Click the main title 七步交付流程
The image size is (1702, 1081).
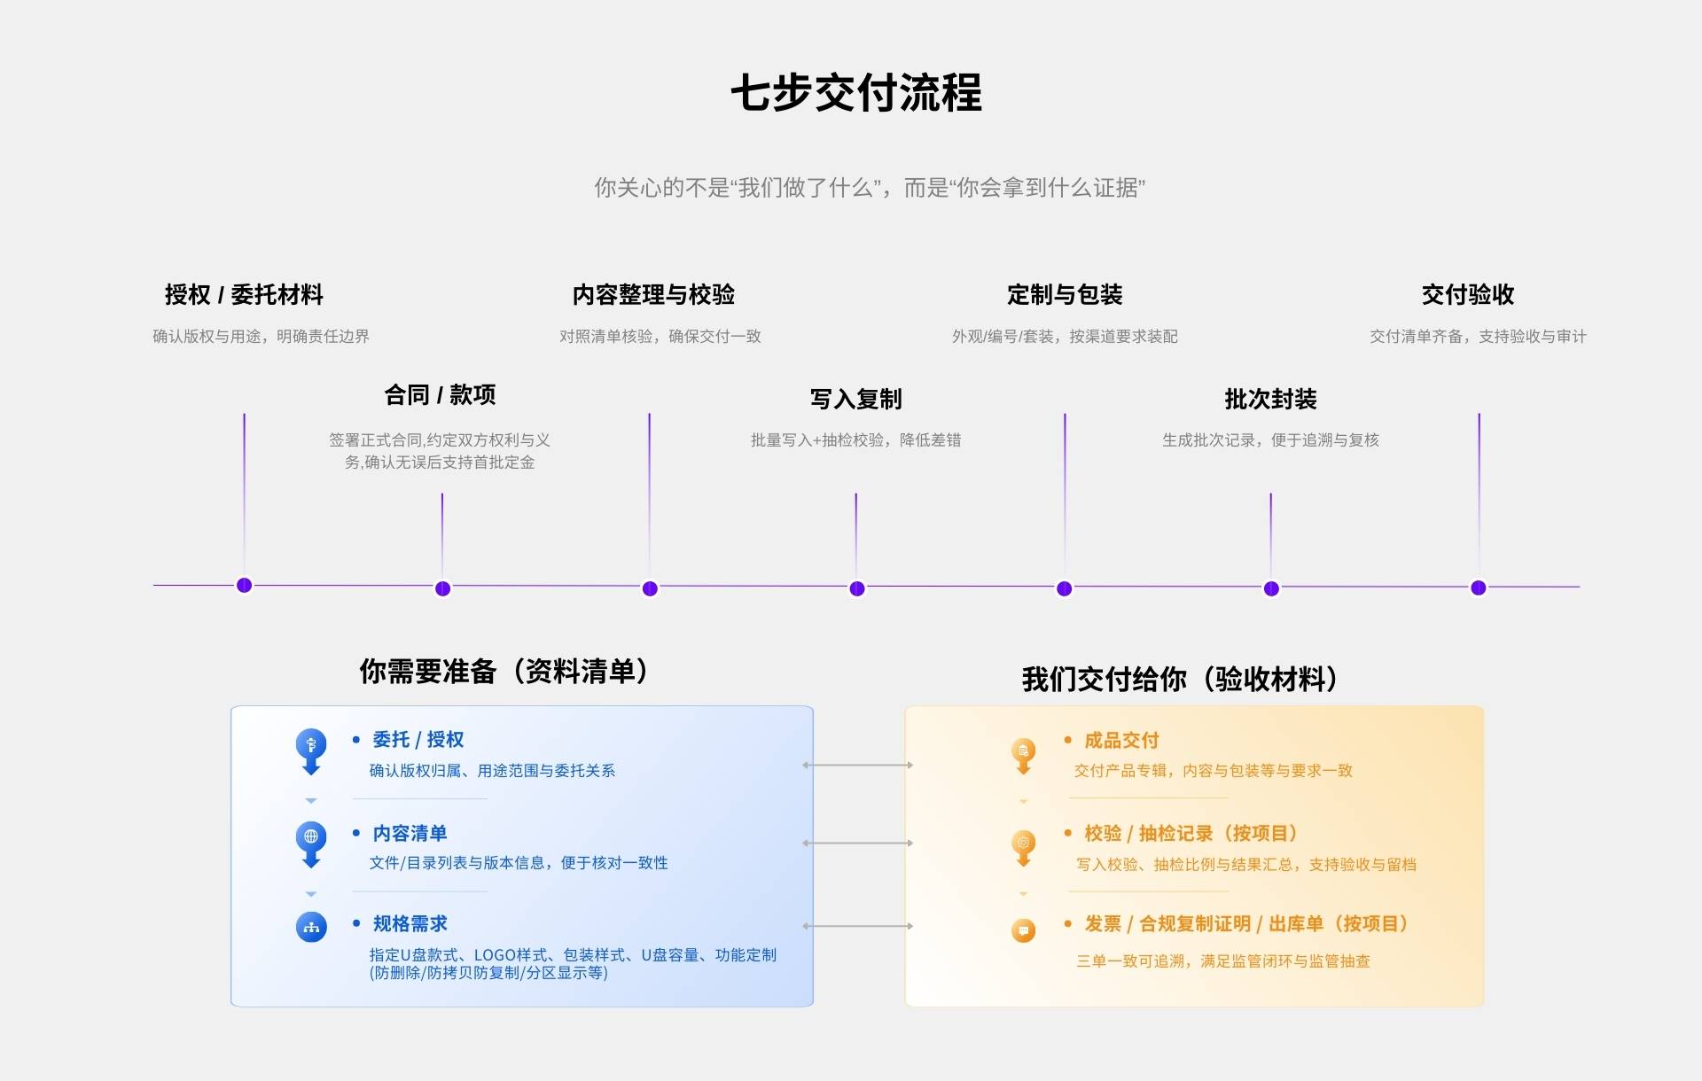[855, 93]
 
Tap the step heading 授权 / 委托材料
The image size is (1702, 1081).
[244, 294]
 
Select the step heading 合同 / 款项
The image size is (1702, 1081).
[440, 394]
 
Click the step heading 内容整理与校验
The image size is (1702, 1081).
[653, 294]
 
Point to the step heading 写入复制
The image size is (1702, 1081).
[855, 399]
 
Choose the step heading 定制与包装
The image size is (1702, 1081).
[1065, 294]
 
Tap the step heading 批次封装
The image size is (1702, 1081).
[1270, 399]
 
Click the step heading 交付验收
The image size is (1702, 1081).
[1468, 294]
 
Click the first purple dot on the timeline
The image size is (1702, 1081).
[245, 585]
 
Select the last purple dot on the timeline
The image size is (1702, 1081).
[1478, 587]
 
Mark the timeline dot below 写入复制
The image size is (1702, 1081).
[856, 588]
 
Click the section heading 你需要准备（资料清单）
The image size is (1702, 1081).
[503, 672]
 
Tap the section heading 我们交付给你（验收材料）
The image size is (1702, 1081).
[1179, 680]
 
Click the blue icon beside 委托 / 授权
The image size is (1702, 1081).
[311, 746]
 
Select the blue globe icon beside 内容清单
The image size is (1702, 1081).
[311, 838]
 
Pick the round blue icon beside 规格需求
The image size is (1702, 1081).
[311, 927]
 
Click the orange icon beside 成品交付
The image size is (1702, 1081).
[1023, 752]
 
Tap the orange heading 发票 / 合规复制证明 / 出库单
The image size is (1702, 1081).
[1246, 924]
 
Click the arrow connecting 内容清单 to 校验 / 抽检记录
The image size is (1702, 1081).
[857, 843]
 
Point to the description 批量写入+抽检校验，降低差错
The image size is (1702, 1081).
[855, 440]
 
